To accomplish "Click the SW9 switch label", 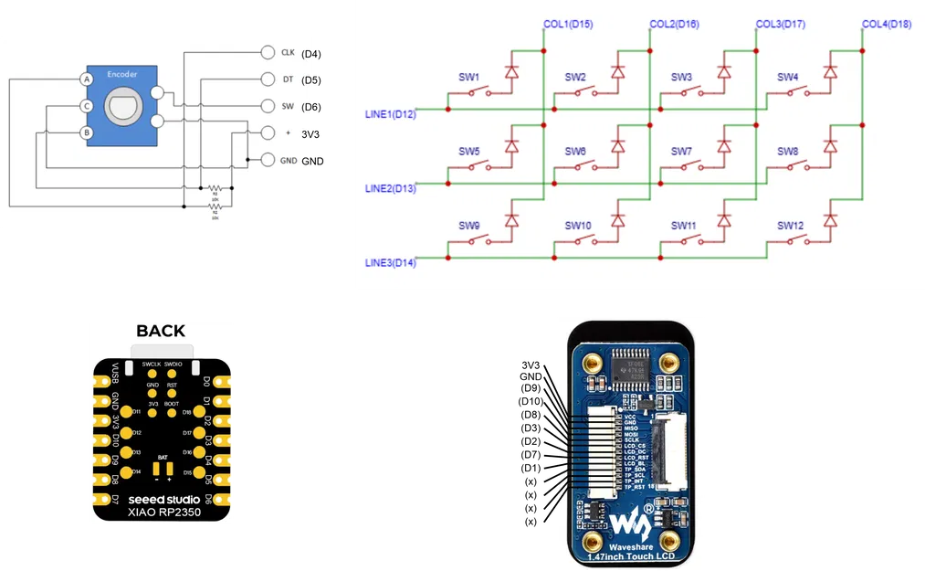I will point(468,226).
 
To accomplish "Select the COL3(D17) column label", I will point(780,25).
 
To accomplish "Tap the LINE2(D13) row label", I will point(390,189).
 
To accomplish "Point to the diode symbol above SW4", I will point(830,70).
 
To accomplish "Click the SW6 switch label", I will point(575,152).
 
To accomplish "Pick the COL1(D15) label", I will point(567,25).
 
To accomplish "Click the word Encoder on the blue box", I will point(122,73).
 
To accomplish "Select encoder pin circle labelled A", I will point(87,79).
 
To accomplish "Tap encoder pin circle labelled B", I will point(87,132).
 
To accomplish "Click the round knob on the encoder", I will point(122,107).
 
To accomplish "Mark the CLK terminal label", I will point(288,53).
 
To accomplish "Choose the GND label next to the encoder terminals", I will point(288,161).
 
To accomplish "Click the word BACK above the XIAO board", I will point(161,331).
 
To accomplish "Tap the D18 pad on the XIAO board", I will point(198,413).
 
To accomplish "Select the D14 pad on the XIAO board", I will point(124,472).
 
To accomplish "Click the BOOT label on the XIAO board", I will point(172,404).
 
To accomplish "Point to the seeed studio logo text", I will point(161,499).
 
